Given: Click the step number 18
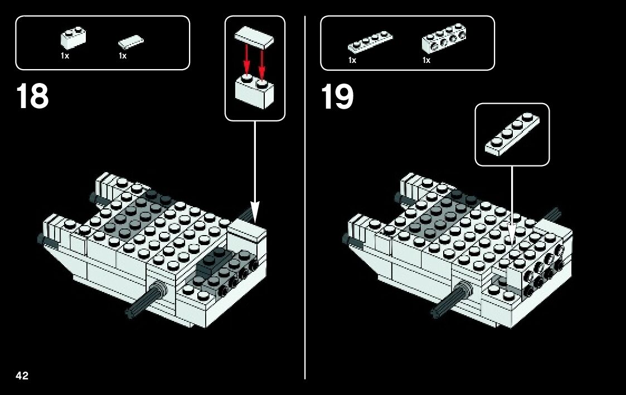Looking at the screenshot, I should pos(32,96).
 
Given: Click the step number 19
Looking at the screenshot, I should pos(337,96).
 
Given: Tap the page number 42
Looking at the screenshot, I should pos(22,376).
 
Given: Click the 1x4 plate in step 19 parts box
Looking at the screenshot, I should pos(370,42).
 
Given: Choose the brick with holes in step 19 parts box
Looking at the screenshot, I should pos(444,38).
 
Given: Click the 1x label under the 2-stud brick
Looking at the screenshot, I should pos(65,56).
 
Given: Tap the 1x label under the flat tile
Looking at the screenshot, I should pos(123,56).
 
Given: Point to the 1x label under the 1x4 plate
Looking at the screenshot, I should pos(352,60).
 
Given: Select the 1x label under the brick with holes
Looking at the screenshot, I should pos(426,60).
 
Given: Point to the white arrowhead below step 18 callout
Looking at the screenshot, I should pos(255,214).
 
